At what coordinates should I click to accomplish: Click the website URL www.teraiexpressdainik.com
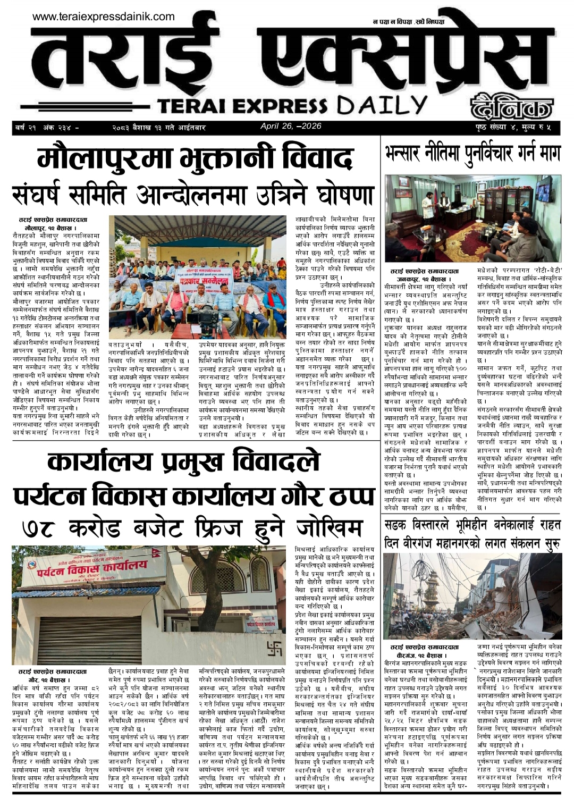[x=103, y=16]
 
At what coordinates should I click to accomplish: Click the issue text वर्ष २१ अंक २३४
[x=47, y=128]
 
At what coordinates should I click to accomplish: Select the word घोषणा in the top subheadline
[x=340, y=195]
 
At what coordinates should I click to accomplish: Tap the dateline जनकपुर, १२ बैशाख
[x=424, y=279]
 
